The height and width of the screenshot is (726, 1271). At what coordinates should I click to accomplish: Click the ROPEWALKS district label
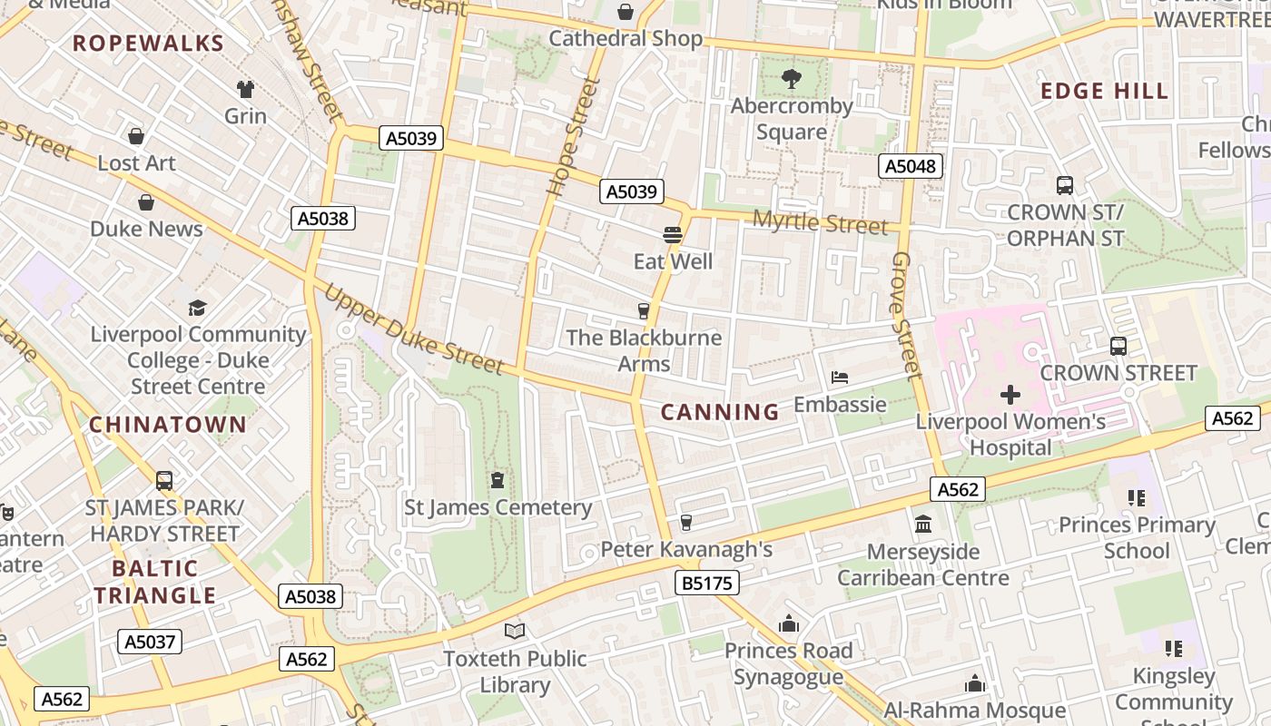pyautogui.click(x=148, y=43)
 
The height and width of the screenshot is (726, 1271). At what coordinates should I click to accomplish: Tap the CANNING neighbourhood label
pyautogui.click(x=720, y=412)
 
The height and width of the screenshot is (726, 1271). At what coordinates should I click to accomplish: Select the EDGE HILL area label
pyautogui.click(x=1104, y=91)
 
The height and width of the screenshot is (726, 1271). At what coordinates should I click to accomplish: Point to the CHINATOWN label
pyautogui.click(x=168, y=424)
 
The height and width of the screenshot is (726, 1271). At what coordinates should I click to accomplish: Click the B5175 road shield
pyautogui.click(x=706, y=583)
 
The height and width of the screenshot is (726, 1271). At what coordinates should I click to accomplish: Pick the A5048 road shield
pyautogui.click(x=911, y=166)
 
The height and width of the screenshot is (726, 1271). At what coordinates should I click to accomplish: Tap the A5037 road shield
pyautogui.click(x=150, y=643)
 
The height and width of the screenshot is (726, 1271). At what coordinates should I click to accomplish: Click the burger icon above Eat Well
pyautogui.click(x=673, y=235)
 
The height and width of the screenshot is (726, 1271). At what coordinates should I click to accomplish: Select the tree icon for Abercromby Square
pyautogui.click(x=792, y=79)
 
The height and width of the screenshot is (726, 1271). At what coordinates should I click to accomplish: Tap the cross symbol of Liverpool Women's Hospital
pyautogui.click(x=1010, y=395)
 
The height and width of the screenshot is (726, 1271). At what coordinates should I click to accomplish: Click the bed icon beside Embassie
pyautogui.click(x=840, y=378)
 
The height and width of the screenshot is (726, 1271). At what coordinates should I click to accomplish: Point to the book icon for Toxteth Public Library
pyautogui.click(x=515, y=631)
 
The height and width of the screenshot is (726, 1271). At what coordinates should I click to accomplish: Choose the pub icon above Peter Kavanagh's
pyautogui.click(x=686, y=522)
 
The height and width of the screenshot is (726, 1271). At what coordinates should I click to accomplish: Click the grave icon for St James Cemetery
pyautogui.click(x=498, y=479)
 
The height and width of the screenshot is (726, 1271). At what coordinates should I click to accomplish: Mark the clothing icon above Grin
pyautogui.click(x=245, y=89)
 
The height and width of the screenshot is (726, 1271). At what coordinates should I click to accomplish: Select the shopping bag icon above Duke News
pyautogui.click(x=146, y=201)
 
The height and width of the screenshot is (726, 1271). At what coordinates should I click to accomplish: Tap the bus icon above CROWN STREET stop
pyautogui.click(x=1118, y=346)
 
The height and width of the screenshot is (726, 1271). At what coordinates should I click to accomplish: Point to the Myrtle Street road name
pyautogui.click(x=820, y=222)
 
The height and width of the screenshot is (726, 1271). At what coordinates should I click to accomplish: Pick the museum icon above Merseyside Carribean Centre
pyautogui.click(x=923, y=525)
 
